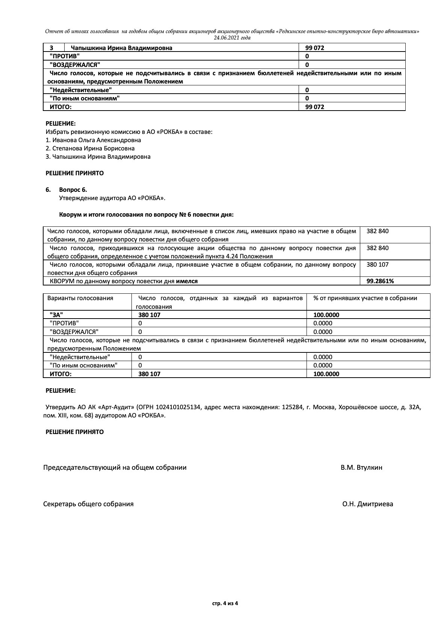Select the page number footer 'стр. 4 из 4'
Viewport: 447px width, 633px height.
225,603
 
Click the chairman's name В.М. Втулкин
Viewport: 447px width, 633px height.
361,468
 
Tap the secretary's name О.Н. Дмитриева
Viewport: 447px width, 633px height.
367,504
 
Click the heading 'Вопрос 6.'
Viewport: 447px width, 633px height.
73,190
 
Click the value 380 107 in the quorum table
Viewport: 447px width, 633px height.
378,264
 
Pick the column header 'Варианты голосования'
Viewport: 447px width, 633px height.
80,298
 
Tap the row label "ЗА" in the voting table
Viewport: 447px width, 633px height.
56,315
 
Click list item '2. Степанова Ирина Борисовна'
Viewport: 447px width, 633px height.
90,148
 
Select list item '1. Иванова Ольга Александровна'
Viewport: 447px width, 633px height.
93,140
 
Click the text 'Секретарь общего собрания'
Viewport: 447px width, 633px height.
88,504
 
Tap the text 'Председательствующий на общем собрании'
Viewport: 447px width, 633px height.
115,468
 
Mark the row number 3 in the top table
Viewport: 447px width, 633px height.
51,48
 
